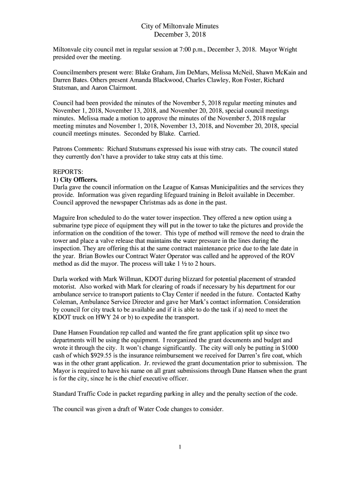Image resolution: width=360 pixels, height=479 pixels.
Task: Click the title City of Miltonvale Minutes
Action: [180, 26]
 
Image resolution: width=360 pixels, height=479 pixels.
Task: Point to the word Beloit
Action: [226, 195]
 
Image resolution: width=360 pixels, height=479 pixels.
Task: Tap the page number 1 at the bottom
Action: [180, 447]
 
